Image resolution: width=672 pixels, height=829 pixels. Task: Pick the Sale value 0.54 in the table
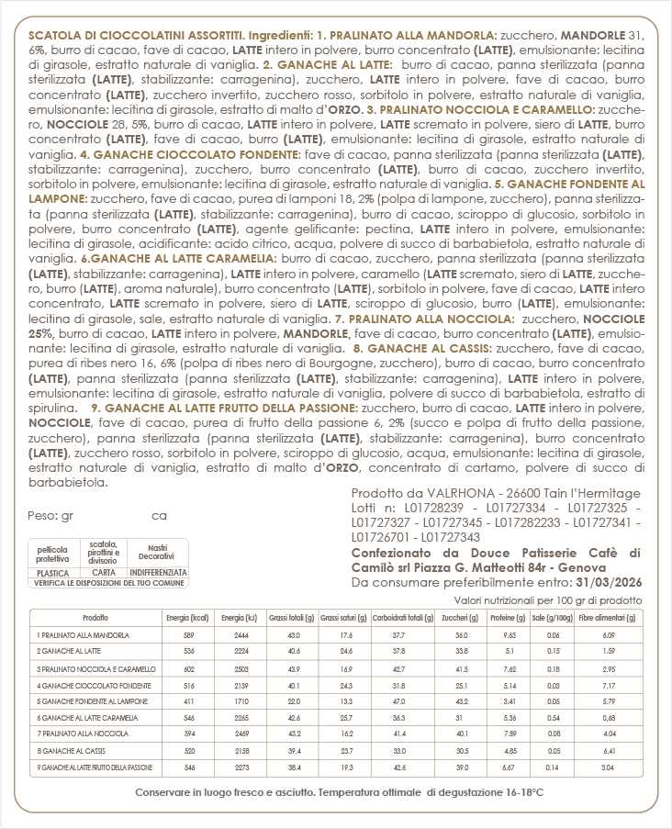coord(554,717)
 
